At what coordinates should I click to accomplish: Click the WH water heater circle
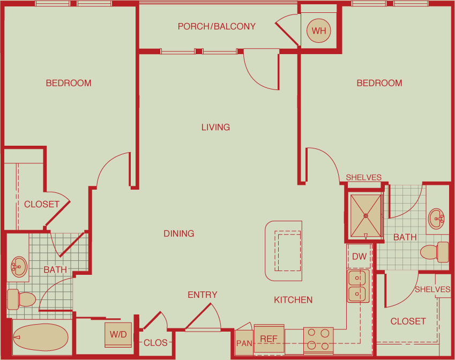[319, 31]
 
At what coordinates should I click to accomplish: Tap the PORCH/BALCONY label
[217, 26]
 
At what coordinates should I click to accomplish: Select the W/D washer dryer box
[118, 334]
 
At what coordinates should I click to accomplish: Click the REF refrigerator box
[269, 339]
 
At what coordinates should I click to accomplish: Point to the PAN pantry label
[244, 343]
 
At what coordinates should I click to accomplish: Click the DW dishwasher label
[359, 257]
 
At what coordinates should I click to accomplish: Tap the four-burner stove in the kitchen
[318, 340]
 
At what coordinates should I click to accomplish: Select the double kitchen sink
[359, 286]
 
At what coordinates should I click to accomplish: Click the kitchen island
[284, 251]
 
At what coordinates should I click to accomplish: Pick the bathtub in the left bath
[41, 337]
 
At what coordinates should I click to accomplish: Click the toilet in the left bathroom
[21, 299]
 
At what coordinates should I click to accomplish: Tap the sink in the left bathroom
[19, 267]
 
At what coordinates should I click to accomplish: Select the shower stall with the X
[366, 216]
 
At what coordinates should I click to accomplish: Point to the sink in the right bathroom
[436, 219]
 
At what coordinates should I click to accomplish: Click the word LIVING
[215, 127]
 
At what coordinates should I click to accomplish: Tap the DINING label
[179, 234]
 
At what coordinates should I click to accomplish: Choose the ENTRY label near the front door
[202, 295]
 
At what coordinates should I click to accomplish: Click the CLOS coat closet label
[155, 343]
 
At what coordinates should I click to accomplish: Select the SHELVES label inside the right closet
[432, 289]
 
